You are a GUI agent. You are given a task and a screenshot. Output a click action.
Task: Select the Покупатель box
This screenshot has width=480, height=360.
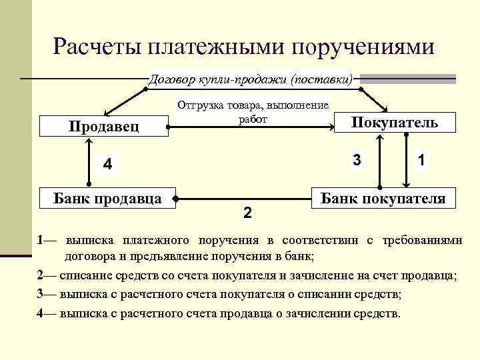pyautogui.click(x=394, y=122)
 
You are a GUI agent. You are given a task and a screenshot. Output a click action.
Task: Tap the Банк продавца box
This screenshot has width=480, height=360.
pyautogui.click(x=107, y=197)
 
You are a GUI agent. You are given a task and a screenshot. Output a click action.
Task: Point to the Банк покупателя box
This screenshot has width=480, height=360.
pyautogui.click(x=383, y=198)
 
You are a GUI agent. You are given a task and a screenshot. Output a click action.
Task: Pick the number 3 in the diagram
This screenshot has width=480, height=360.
pyautogui.click(x=357, y=160)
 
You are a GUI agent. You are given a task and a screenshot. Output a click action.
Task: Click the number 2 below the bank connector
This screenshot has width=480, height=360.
pyautogui.click(x=247, y=213)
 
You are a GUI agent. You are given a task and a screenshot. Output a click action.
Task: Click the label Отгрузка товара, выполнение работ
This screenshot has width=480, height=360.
pyautogui.click(x=251, y=112)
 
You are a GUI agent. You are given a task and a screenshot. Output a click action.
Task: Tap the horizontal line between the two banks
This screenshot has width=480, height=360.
pyautogui.click(x=244, y=198)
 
